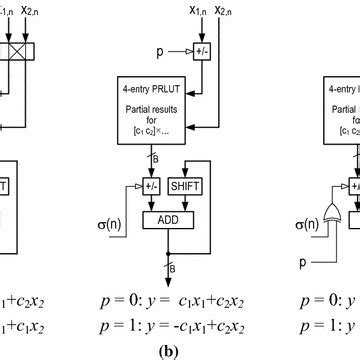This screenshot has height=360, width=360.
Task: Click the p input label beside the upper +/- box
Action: click(146, 47)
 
